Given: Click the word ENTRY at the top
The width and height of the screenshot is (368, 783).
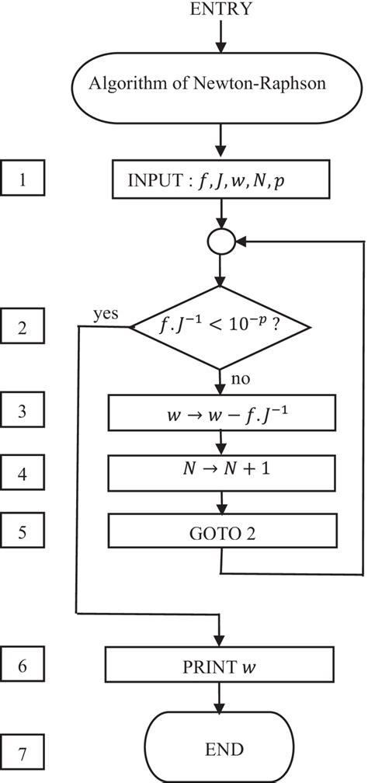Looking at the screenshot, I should [x=221, y=9].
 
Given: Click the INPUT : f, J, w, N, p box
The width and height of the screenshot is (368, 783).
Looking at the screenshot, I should [x=222, y=183].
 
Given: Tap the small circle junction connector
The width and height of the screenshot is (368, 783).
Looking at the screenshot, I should [x=222, y=242].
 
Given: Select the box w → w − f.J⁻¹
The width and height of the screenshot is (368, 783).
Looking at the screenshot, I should [x=222, y=413].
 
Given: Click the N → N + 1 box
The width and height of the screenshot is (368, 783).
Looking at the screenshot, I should [x=222, y=471].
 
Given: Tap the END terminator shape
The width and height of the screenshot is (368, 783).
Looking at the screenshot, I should [x=222, y=749].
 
